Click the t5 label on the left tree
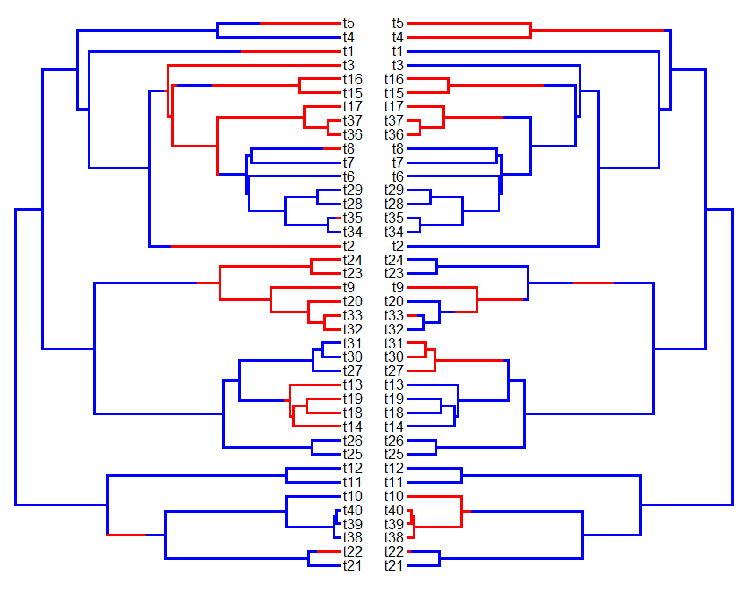click(349, 23)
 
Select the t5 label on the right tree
click(398, 23)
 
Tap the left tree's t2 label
click(349, 246)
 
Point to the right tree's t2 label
click(398, 246)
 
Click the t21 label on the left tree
click(352, 566)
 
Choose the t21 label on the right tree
click(394, 566)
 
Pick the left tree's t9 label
click(349, 287)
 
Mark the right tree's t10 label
click(394, 497)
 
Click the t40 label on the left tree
click(353, 511)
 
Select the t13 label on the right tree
click(394, 384)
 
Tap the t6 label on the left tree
click(349, 176)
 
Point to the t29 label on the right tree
click(394, 190)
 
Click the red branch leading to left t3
click(255, 66)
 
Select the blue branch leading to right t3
click(492, 66)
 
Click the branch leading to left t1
click(211, 52)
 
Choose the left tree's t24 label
click(352, 260)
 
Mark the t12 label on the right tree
click(394, 469)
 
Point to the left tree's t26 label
click(352, 440)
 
